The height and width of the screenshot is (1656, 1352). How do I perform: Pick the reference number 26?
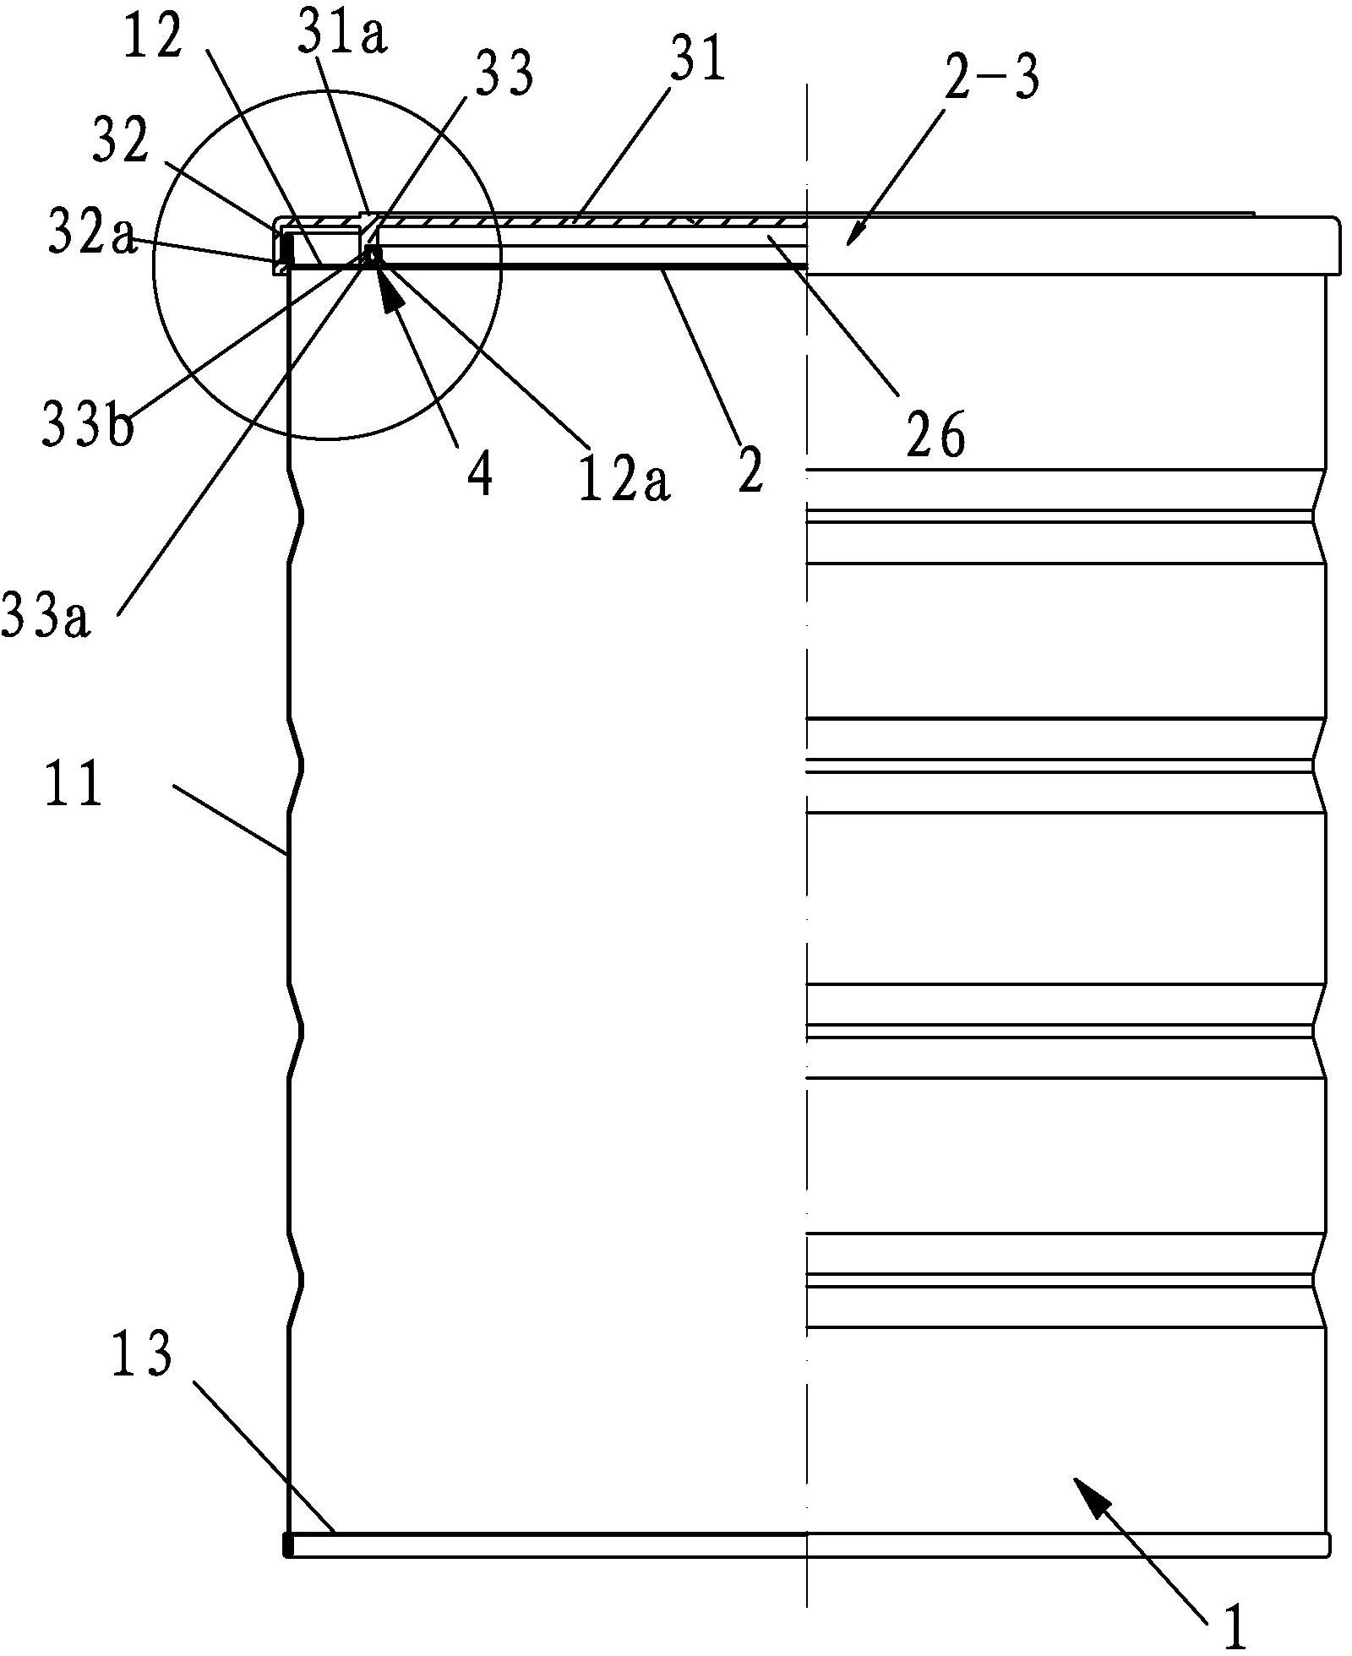pos(935,437)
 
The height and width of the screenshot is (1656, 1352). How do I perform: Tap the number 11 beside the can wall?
pos(74,784)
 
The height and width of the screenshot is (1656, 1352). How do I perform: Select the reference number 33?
pos(505,74)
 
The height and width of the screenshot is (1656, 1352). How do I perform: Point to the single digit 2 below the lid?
pos(749,470)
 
